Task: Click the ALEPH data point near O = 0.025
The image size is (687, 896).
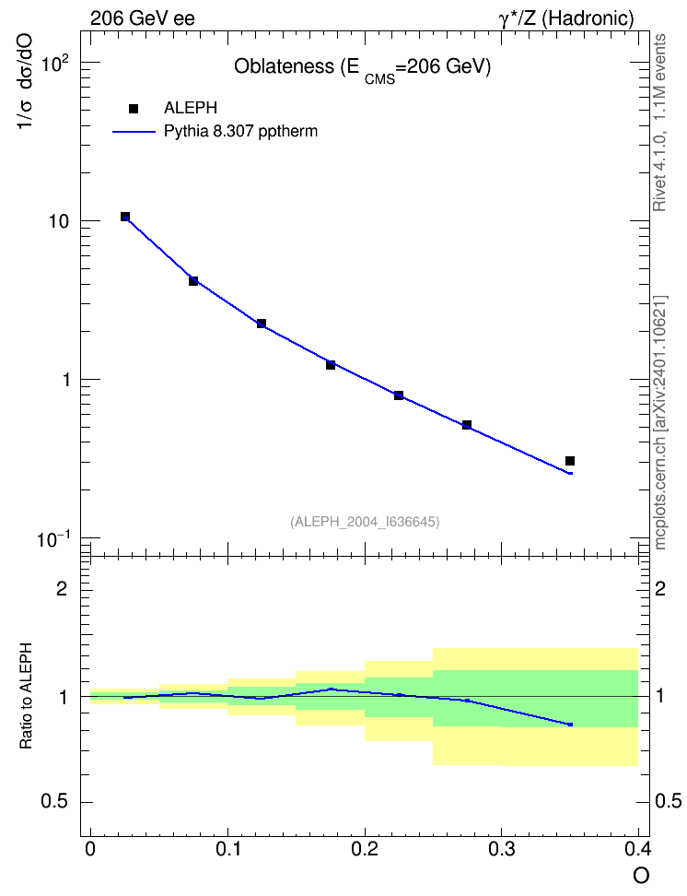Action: pyautogui.click(x=125, y=217)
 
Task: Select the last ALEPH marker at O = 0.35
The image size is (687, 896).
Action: pyautogui.click(x=569, y=461)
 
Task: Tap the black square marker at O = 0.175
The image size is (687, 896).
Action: pyautogui.click(x=330, y=364)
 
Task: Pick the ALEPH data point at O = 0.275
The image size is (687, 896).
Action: pyautogui.click(x=467, y=425)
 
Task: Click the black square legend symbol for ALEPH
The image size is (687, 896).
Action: pyautogui.click(x=134, y=109)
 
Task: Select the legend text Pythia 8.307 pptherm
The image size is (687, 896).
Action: pyautogui.click(x=240, y=132)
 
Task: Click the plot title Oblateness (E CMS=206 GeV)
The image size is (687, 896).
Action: pyautogui.click(x=363, y=68)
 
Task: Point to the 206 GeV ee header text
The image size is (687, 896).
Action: pyautogui.click(x=142, y=18)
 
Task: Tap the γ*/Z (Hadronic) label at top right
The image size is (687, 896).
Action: pyautogui.click(x=566, y=18)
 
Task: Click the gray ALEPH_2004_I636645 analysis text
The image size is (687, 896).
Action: pyautogui.click(x=365, y=522)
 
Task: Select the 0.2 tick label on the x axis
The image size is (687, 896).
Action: pyautogui.click(x=365, y=849)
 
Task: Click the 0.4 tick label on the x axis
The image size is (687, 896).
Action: pyautogui.click(x=637, y=849)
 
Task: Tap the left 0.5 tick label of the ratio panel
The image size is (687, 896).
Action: pyautogui.click(x=54, y=802)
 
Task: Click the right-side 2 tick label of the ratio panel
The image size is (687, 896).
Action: pyautogui.click(x=660, y=588)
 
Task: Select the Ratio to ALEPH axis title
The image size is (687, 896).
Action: pyautogui.click(x=26, y=696)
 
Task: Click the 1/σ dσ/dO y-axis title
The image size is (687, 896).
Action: pyautogui.click(x=26, y=81)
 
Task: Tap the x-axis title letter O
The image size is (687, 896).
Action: pyautogui.click(x=641, y=876)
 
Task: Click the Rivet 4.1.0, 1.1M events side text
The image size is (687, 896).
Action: pyautogui.click(x=659, y=123)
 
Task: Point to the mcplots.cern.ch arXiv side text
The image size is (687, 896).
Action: pyautogui.click(x=659, y=422)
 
